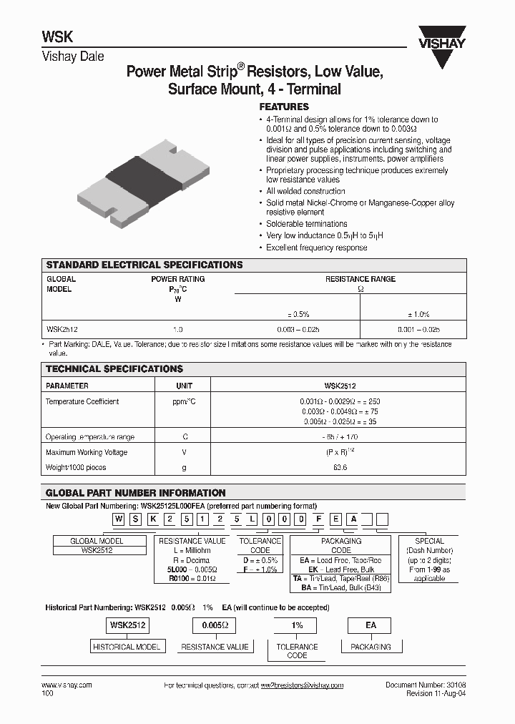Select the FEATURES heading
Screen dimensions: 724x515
click(284, 107)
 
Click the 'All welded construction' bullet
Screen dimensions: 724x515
click(305, 191)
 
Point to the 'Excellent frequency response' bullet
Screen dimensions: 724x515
click(316, 248)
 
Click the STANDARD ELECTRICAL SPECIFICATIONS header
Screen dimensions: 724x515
click(144, 265)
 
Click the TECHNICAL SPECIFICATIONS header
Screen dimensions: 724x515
click(114, 369)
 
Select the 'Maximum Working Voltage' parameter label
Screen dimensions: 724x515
click(87, 452)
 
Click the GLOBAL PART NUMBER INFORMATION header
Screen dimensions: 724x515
click(136, 493)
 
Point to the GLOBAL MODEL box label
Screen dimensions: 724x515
click(97, 541)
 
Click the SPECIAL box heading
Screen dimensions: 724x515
click(429, 541)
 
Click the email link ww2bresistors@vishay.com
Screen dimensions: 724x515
click(302, 685)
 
